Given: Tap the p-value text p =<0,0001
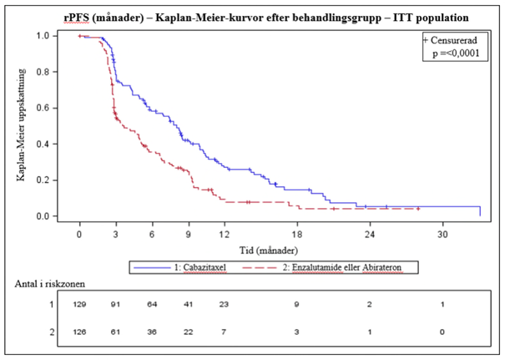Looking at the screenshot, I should coord(457,52).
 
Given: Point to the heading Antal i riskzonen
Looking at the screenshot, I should coord(54,284).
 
